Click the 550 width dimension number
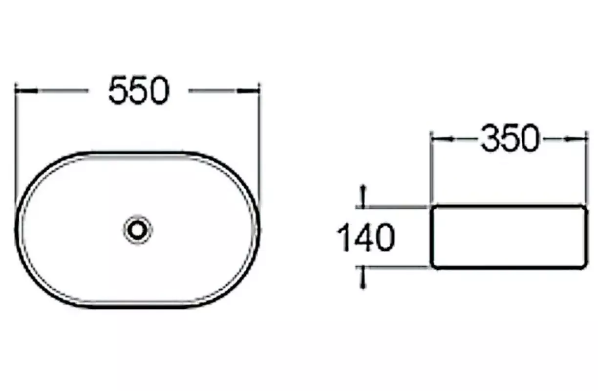(139, 90)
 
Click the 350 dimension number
(510, 138)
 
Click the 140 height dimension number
(366, 238)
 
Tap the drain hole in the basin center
(138, 230)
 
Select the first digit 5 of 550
(119, 90)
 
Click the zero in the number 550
(159, 90)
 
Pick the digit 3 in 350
(490, 138)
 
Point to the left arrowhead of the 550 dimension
(26, 91)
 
